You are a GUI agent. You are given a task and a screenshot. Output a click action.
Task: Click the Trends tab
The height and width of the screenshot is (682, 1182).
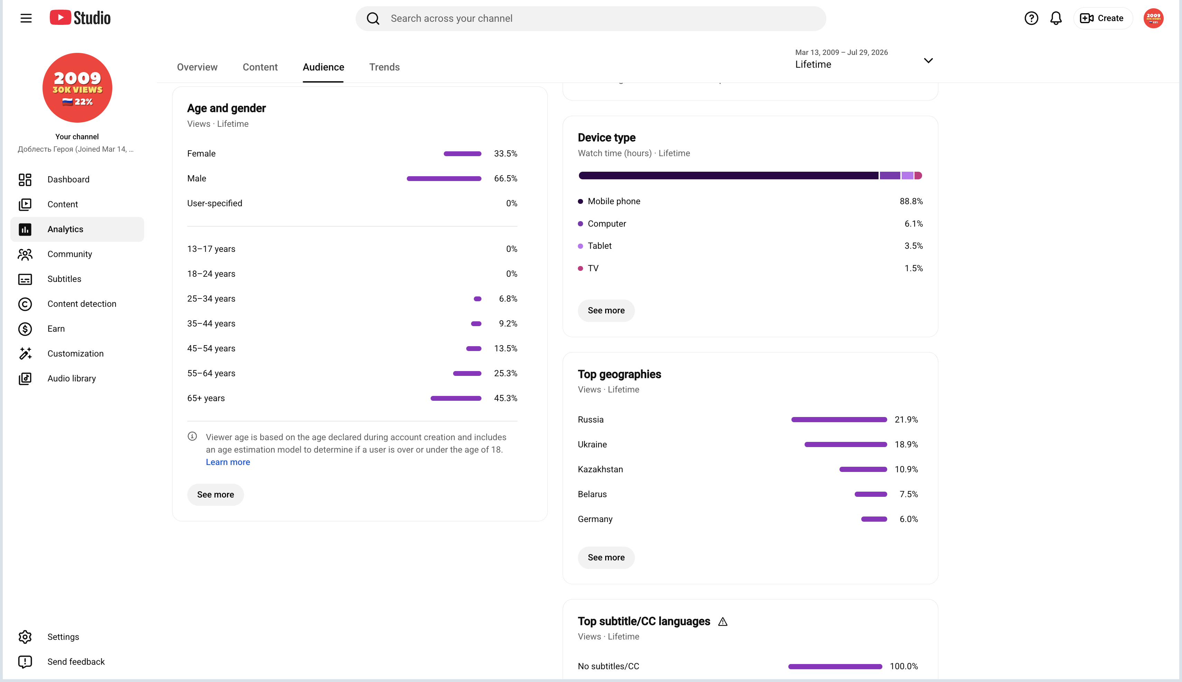tap(384, 67)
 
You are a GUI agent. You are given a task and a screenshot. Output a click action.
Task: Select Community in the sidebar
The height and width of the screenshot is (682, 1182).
tap(69, 254)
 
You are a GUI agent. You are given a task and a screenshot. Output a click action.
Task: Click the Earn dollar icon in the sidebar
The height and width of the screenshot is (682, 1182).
tap(25, 329)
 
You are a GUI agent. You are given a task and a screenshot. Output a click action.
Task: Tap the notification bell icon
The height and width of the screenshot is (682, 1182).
tap(1056, 18)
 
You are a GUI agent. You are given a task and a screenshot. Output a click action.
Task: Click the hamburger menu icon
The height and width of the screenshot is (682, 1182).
tap(26, 18)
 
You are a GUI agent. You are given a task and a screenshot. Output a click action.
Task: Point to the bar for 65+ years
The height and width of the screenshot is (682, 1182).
tap(456, 398)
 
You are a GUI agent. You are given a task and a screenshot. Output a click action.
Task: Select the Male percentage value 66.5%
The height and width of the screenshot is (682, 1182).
tap(506, 179)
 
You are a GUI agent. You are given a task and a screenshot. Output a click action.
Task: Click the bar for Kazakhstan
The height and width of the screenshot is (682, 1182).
tap(863, 469)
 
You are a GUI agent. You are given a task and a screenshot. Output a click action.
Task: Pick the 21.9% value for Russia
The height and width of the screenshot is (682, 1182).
tap(906, 420)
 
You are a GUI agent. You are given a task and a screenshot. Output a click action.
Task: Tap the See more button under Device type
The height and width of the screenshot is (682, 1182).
tap(606, 311)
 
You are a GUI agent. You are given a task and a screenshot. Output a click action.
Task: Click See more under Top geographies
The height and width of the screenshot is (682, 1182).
tap(606, 557)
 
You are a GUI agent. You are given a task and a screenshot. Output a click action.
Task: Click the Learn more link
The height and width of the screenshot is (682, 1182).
tap(228, 462)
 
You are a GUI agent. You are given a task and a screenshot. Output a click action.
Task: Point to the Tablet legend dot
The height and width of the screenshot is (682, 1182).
tap(581, 246)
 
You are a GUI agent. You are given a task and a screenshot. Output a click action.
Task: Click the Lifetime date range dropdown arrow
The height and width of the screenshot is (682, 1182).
tap(928, 60)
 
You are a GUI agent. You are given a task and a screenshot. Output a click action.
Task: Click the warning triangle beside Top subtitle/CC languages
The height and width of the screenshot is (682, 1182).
tap(722, 622)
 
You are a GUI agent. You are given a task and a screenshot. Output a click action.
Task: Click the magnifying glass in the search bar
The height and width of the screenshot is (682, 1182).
tap(373, 18)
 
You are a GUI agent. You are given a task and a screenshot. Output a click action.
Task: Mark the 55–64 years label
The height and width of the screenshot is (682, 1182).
tap(211, 373)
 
